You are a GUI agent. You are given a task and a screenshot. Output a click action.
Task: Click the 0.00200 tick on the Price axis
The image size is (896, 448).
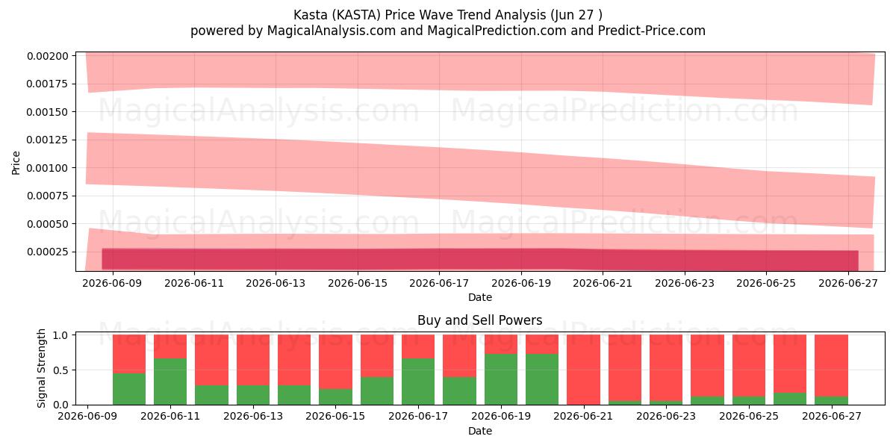[48, 56]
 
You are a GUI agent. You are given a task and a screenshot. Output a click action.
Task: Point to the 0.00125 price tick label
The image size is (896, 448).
[48, 140]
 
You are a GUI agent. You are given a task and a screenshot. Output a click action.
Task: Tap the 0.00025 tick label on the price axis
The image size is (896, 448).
[48, 252]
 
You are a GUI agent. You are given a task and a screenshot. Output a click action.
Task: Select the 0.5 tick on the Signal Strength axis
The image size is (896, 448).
[60, 370]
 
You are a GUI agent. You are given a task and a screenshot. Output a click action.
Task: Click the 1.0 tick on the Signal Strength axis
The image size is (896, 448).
[60, 335]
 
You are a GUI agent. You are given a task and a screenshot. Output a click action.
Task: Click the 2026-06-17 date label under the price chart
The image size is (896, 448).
[439, 283]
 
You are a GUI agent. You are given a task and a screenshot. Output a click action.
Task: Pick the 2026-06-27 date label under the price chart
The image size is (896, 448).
[848, 283]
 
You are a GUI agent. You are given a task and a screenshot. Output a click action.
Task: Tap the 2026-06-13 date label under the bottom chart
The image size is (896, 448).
[253, 416]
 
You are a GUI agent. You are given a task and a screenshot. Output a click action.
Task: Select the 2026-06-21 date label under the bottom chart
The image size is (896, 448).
[584, 416]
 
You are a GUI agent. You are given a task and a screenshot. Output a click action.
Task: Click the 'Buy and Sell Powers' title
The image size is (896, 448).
[480, 320]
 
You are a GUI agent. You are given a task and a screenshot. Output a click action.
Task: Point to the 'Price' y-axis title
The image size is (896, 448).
[16, 163]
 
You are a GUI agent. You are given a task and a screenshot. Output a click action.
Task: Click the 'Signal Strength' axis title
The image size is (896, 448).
[41, 368]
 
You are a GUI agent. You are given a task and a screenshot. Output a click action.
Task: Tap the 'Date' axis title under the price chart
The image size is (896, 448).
[480, 297]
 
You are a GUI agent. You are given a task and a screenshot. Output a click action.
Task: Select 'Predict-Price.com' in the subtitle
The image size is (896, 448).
[652, 31]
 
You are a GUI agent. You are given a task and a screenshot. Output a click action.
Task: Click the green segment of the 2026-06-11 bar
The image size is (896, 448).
[170, 382]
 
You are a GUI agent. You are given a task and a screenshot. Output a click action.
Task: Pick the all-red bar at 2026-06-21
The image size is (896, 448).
[584, 370]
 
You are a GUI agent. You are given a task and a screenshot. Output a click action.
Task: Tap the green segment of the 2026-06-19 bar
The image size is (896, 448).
[501, 379]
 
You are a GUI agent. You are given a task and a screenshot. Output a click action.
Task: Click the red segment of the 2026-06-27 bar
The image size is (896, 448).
[832, 366]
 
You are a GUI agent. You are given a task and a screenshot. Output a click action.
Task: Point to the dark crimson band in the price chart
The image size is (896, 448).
[480, 259]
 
